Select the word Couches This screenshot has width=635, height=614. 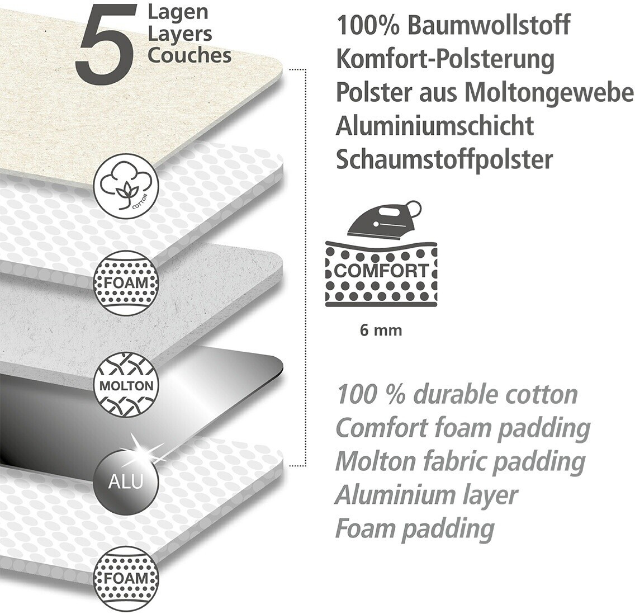coord(189,55)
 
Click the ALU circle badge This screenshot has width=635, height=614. coord(126,480)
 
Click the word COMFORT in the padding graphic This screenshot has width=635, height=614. coord(381,271)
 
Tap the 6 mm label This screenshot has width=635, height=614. coord(381,330)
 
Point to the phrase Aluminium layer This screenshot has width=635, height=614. coord(426,495)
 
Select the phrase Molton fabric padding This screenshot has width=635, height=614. coord(459,462)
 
